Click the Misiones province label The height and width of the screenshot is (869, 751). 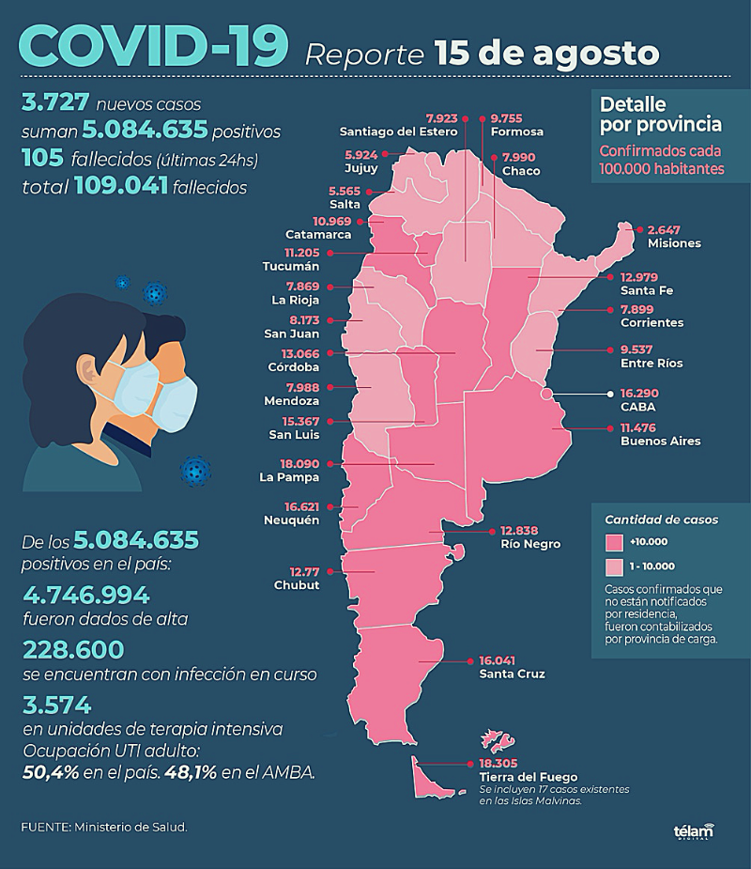tap(674, 243)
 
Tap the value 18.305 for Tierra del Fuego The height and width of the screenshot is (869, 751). tap(497, 765)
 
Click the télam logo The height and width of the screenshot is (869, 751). tap(694, 831)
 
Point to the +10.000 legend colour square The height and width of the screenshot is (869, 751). tap(615, 543)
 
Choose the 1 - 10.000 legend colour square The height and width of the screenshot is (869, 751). tap(615, 567)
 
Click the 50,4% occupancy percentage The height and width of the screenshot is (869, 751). tap(53, 772)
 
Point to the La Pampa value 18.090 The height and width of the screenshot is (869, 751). tap(301, 464)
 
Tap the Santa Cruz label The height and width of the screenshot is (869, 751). tap(512, 674)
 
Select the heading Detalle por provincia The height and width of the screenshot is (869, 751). tap(660, 114)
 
